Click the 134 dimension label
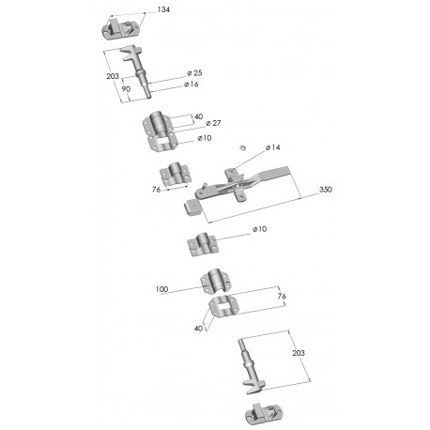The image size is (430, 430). (x=163, y=9)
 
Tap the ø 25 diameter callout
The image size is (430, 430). (x=194, y=73)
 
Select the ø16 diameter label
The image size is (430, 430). (x=192, y=84)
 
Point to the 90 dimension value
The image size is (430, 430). (x=126, y=89)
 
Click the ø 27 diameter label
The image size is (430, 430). (x=213, y=123)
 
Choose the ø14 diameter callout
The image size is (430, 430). (x=273, y=147)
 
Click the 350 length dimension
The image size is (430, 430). (x=326, y=190)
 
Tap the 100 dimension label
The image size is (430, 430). (x=161, y=289)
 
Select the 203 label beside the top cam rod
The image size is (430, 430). (x=113, y=76)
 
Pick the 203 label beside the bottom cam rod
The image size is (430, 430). (x=299, y=353)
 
